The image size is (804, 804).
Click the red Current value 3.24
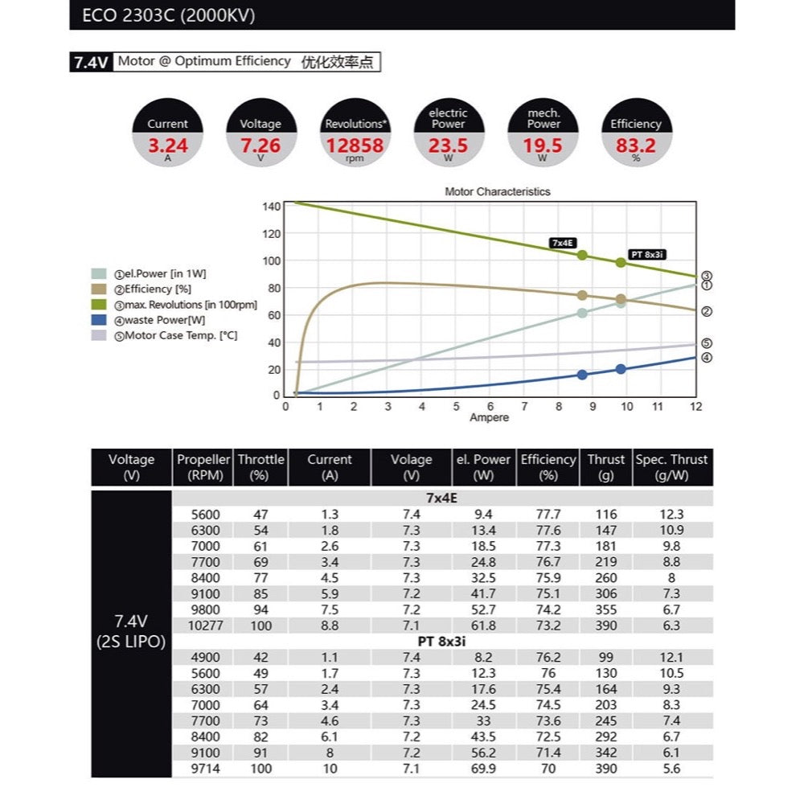click(x=168, y=146)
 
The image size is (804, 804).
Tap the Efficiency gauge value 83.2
click(x=635, y=146)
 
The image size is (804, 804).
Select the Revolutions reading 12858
click(x=354, y=146)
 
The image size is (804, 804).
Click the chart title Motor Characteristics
click(x=498, y=192)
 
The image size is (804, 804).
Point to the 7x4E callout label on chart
click(x=564, y=242)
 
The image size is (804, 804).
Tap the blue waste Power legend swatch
click(x=100, y=320)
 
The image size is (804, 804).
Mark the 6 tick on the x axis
click(x=490, y=407)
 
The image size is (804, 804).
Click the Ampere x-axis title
click(x=489, y=418)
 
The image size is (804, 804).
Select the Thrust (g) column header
click(x=605, y=467)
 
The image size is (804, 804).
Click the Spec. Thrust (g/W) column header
click(x=672, y=467)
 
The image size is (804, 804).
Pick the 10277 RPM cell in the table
click(x=203, y=625)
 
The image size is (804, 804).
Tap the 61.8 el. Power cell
click(x=483, y=625)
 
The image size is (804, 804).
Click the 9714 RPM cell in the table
click(x=203, y=769)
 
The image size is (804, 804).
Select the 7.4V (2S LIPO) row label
click(x=131, y=633)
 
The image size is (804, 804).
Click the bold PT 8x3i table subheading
click(x=441, y=641)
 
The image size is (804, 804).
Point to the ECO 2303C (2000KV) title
click(x=169, y=15)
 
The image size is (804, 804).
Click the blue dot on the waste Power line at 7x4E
click(x=582, y=375)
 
